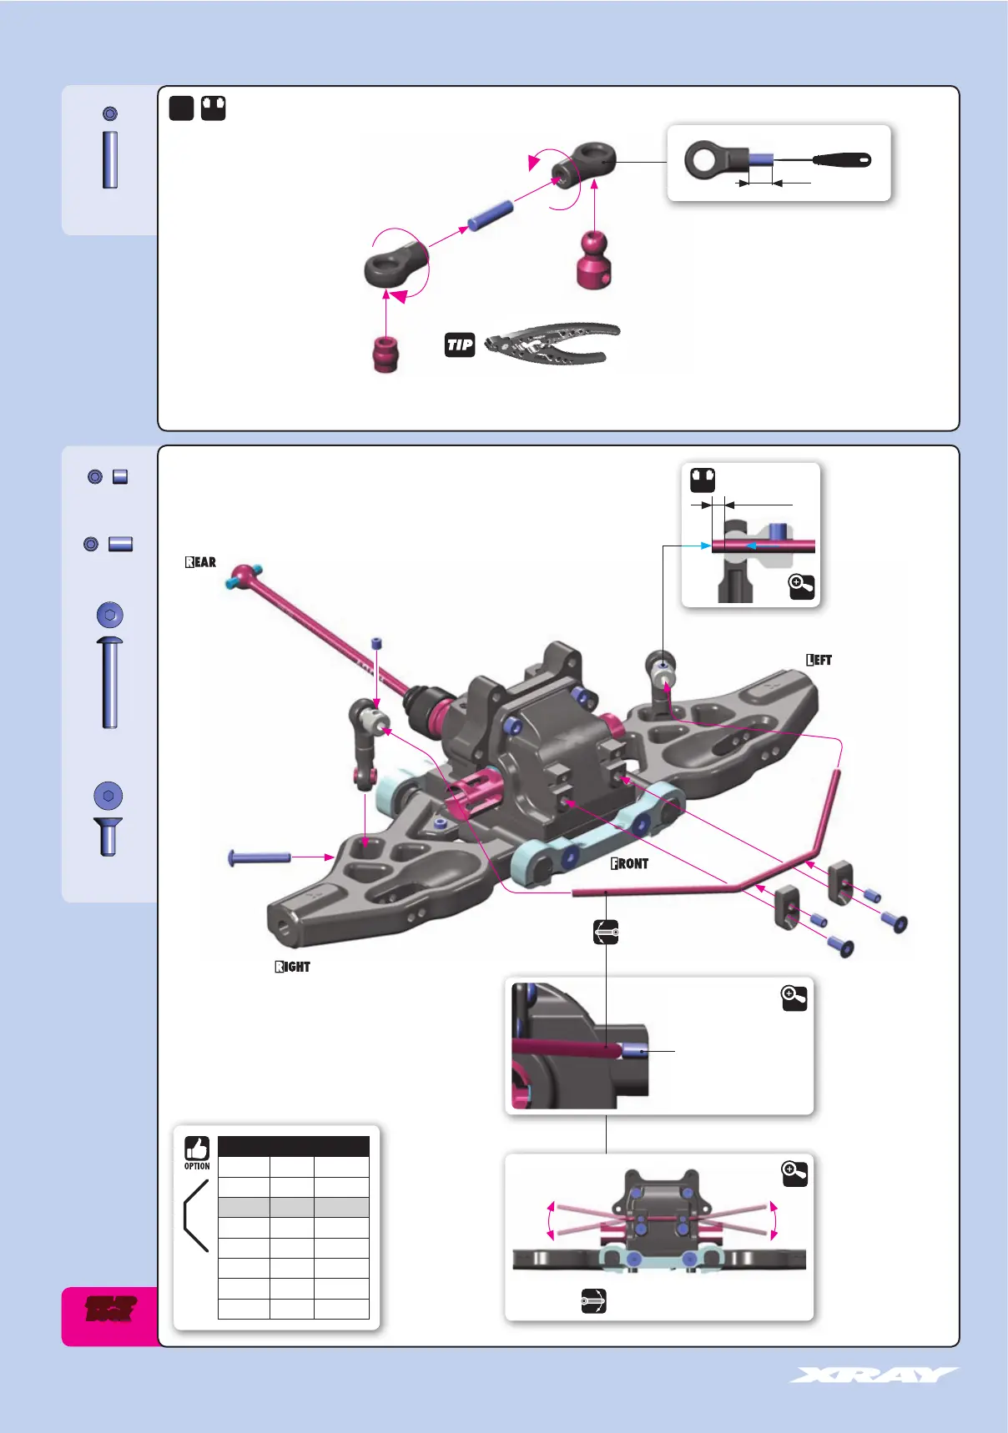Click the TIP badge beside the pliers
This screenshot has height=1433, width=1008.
click(x=460, y=344)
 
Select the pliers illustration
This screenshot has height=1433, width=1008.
click(x=552, y=344)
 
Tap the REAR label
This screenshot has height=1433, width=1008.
click(x=201, y=562)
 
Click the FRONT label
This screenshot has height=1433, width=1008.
click(x=630, y=863)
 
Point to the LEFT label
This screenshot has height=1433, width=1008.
click(x=819, y=660)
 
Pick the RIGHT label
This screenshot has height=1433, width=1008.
click(x=293, y=967)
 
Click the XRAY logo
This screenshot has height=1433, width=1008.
click(x=874, y=1375)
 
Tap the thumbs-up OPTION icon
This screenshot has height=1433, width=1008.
click(x=197, y=1149)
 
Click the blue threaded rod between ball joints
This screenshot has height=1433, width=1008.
click(x=490, y=214)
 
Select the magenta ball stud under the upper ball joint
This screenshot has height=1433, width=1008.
click(x=593, y=261)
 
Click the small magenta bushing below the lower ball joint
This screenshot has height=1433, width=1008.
click(x=386, y=354)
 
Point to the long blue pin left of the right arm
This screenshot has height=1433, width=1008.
click(x=260, y=857)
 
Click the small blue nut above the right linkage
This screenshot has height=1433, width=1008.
click(x=377, y=643)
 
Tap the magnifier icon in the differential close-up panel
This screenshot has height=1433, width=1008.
click(x=794, y=998)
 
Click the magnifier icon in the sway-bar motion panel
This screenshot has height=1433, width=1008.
click(x=794, y=1174)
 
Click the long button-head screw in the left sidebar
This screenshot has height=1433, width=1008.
click(x=109, y=681)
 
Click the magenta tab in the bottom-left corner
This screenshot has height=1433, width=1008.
click(x=111, y=1315)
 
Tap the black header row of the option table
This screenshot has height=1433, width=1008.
click(x=293, y=1146)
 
